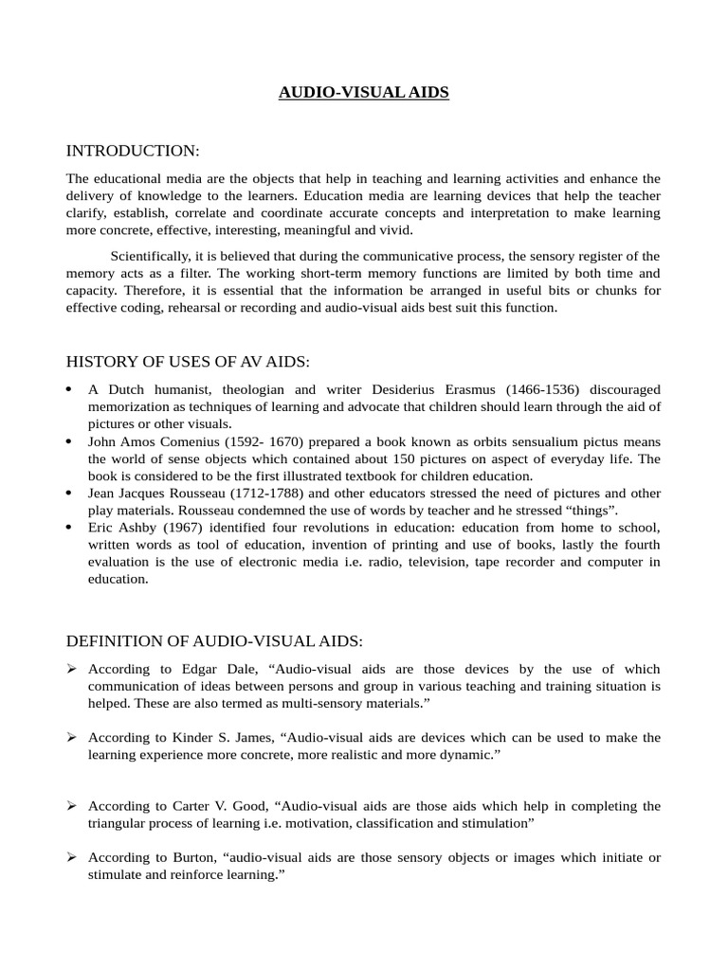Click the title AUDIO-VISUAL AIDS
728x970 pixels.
point(364,93)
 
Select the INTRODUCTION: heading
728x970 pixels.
point(133,151)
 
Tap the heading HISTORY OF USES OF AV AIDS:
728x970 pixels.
point(188,362)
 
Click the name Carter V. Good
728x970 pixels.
point(219,806)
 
